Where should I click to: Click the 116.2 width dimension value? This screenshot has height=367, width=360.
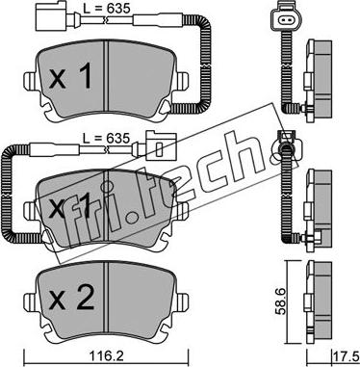(107, 357)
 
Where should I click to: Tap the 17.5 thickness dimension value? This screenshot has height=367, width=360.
(347, 357)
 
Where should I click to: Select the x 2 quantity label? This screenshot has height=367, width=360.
(72, 300)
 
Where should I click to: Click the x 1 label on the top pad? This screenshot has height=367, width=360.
(70, 77)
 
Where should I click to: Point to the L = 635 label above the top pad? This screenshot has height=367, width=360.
(107, 9)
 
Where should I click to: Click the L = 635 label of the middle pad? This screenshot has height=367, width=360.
(106, 139)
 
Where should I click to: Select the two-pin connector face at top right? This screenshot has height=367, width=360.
(285, 21)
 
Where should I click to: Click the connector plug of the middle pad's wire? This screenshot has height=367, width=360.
(161, 146)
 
